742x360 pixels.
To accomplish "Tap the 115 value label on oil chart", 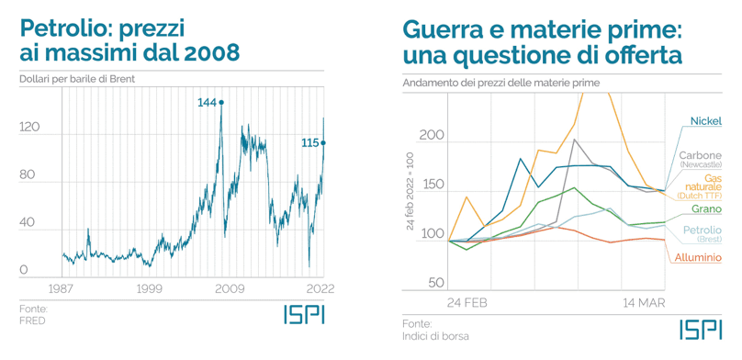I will [309, 142].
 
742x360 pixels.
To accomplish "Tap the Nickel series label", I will [704, 122].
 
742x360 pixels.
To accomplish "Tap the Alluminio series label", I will [698, 257].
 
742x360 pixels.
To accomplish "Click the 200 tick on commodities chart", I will [432, 137].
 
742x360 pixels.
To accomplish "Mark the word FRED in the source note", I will [32, 321].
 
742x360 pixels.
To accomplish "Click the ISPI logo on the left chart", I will [303, 314].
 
